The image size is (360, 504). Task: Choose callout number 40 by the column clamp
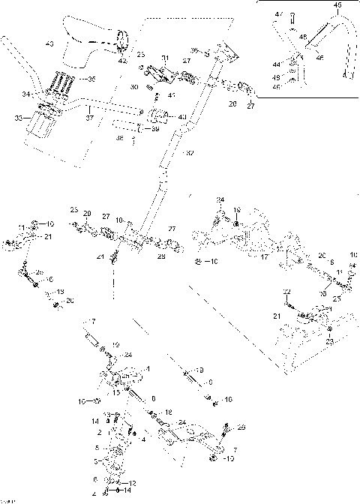pos(183,116)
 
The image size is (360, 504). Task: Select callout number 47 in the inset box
pos(277,14)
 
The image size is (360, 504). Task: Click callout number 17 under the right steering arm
pos(264,256)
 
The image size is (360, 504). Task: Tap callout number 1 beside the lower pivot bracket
pos(148,368)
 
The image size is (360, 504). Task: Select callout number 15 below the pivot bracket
pos(115,392)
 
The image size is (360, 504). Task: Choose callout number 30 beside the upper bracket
pos(134,88)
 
